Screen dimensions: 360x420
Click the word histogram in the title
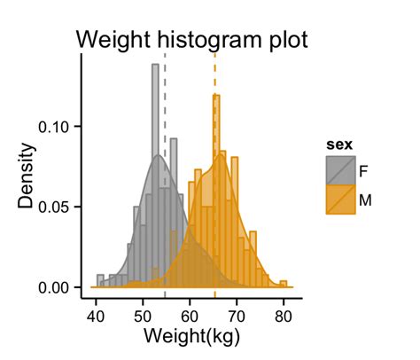(x=201, y=40)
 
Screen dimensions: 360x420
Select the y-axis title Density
(x=27, y=175)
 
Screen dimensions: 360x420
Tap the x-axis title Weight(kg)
(x=190, y=337)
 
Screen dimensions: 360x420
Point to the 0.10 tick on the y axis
(x=58, y=126)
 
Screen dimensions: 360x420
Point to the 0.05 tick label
(x=58, y=207)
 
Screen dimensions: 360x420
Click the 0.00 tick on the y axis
(x=58, y=288)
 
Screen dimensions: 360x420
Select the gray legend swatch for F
(x=339, y=170)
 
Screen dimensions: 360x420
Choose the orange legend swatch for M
(x=339, y=200)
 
